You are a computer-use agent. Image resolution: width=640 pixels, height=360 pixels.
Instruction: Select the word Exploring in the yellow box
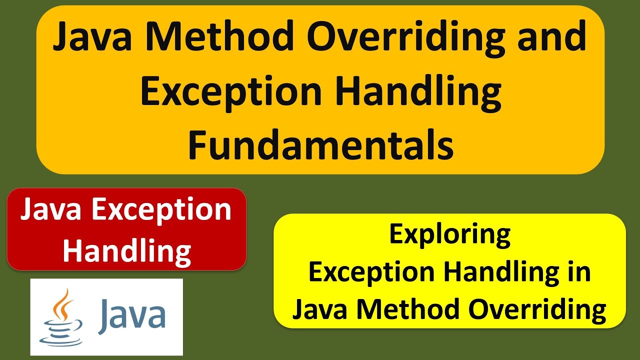point(450,234)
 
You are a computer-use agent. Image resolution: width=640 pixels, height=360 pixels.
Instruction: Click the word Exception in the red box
point(161,210)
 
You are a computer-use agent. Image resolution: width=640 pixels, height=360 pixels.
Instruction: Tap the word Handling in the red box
point(126,250)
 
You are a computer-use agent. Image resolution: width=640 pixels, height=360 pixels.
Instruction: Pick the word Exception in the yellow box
point(372,272)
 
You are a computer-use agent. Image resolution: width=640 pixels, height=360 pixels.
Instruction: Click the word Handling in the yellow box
point(504,272)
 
